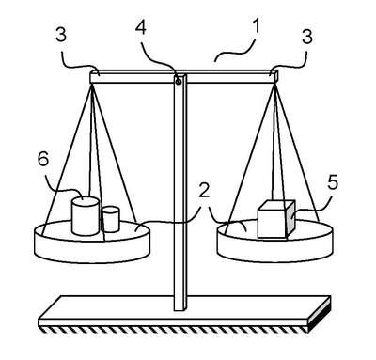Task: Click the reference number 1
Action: point(256,26)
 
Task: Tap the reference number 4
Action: point(141,27)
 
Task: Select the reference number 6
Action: point(43,159)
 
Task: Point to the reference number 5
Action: point(333,182)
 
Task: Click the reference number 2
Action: point(204,190)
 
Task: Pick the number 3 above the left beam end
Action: point(61,35)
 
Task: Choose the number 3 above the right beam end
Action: point(307,37)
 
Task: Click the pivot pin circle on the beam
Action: point(179,82)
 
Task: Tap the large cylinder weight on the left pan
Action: point(85,215)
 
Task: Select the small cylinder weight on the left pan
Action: point(111,219)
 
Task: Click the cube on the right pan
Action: point(276,219)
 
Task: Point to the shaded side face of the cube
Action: point(290,219)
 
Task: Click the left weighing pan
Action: point(92,242)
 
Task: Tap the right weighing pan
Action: point(274,242)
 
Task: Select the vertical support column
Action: point(180,192)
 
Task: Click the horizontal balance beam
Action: point(184,77)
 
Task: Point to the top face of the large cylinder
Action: point(86,201)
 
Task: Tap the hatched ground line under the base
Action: point(174,330)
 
